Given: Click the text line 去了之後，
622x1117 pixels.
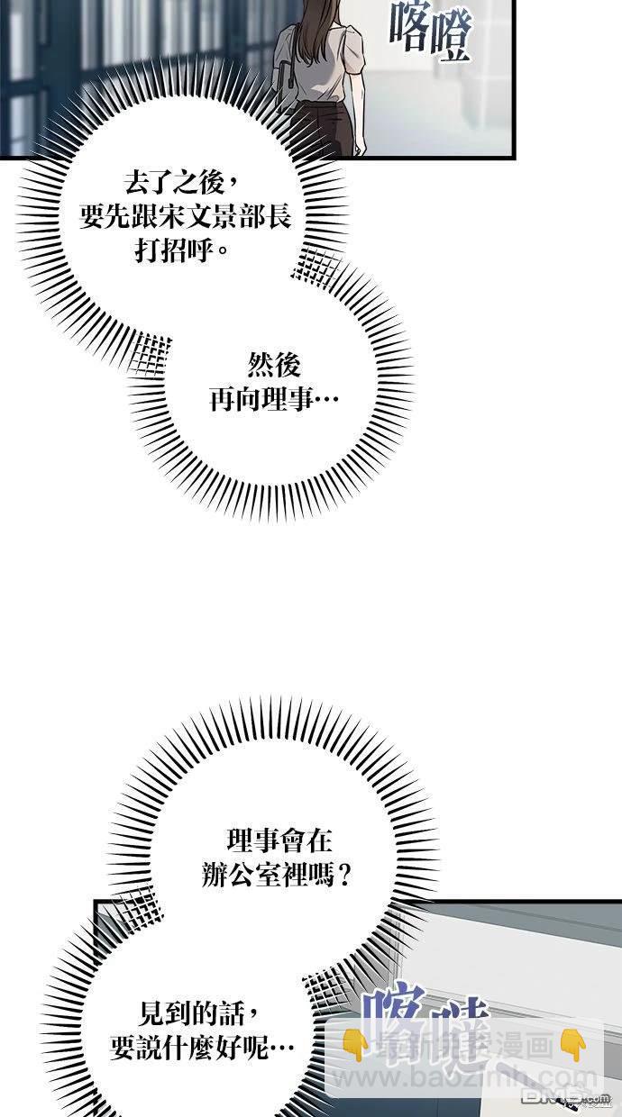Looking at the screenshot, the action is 181,184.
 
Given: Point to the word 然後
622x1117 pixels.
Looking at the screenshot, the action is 273,365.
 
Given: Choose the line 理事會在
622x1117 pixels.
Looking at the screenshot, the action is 279,841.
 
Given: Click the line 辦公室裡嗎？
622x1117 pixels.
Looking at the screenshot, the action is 276,875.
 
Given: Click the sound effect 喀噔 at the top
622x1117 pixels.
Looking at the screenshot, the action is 431,31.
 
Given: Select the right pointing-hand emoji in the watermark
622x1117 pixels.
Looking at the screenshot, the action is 572,1045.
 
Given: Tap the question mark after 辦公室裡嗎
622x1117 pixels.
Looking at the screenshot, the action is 341,875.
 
